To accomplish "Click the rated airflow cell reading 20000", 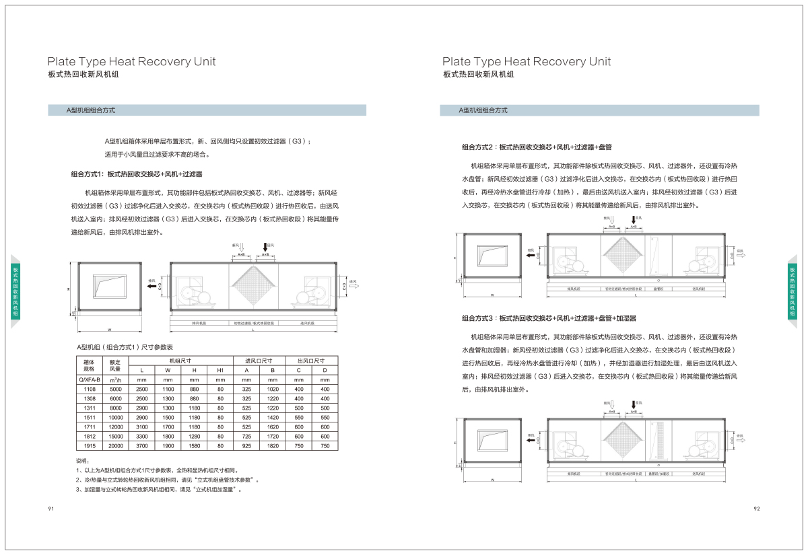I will click(115, 446).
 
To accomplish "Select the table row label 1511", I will click(90, 418).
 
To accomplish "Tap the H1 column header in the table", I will click(220, 370).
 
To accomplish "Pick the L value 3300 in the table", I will click(141, 437).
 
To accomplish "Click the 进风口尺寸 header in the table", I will click(259, 361).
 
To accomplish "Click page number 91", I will click(50, 509).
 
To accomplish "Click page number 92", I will click(757, 509).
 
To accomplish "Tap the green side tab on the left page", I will click(15, 291).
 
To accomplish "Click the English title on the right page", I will click(527, 61).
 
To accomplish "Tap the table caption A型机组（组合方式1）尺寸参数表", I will click(125, 346).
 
